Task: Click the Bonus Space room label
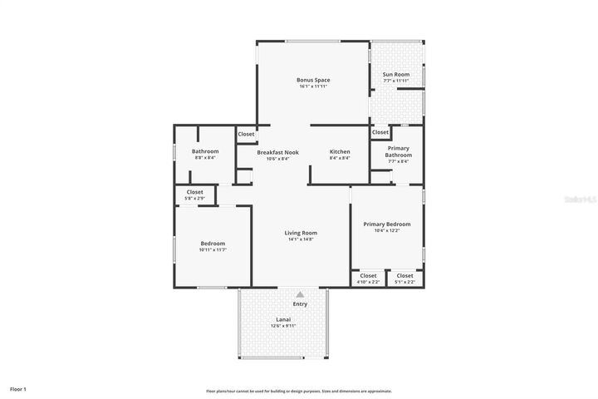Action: point(313,80)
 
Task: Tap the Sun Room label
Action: point(395,75)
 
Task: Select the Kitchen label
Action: point(340,152)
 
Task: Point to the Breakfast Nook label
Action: point(273,152)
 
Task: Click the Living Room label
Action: point(301,233)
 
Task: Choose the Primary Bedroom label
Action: point(386,224)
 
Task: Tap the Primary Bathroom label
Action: point(398,151)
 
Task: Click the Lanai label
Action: point(283,319)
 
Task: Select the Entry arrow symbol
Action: point(301,294)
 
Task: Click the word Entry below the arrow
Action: point(301,304)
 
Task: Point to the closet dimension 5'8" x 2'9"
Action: point(194,199)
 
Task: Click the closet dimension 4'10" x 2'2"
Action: point(368,283)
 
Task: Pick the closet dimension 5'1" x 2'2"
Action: point(404,283)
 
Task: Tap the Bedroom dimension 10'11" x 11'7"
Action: point(213,249)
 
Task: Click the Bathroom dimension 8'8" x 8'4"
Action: point(204,158)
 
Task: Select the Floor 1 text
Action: point(18,389)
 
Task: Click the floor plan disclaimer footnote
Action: point(299,391)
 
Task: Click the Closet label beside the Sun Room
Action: point(380,132)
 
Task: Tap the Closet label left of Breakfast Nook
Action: point(247,134)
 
